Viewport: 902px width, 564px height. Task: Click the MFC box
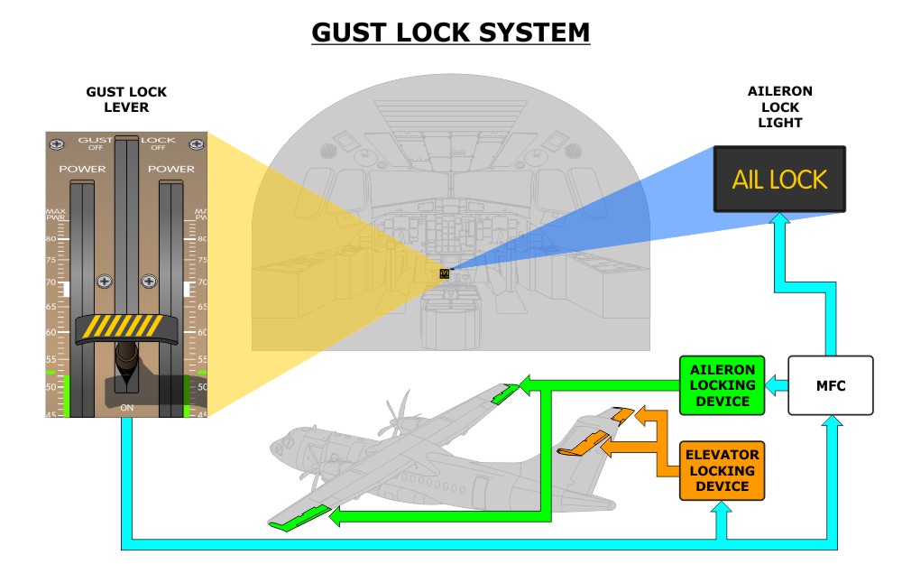(831, 385)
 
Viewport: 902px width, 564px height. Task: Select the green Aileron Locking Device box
(722, 385)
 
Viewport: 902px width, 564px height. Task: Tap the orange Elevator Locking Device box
(722, 470)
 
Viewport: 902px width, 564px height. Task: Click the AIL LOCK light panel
(779, 179)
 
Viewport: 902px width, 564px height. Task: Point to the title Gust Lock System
(450, 32)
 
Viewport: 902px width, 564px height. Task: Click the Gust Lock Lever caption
(126, 99)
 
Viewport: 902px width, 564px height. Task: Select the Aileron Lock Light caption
(780, 107)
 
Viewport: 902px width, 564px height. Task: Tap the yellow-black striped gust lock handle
(126, 328)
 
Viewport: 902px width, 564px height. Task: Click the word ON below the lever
(126, 409)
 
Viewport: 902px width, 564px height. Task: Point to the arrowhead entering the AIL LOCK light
(779, 218)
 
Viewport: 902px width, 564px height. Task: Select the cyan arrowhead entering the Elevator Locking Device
(722, 511)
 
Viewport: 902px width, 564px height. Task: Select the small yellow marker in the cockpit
(444, 273)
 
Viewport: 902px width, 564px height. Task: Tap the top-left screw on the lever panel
(57, 143)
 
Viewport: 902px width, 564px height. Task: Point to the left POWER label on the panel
(82, 169)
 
